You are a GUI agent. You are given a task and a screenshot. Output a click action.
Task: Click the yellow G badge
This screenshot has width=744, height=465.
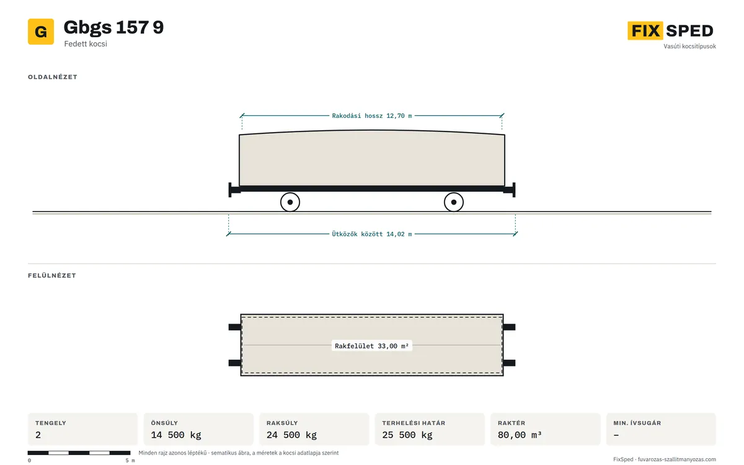[x=41, y=32]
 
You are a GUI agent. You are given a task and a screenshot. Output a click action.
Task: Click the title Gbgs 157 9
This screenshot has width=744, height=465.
[x=113, y=27]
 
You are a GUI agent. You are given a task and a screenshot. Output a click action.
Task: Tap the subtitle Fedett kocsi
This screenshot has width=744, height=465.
[x=86, y=44]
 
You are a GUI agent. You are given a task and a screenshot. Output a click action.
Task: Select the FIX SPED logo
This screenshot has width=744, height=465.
[x=670, y=30]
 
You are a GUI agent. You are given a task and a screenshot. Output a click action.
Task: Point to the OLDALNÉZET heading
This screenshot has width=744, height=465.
[x=53, y=77]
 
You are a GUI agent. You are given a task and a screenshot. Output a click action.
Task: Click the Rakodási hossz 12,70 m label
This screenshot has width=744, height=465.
[x=372, y=115]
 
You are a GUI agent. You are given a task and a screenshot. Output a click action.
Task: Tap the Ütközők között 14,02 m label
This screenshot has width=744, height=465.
[x=372, y=234]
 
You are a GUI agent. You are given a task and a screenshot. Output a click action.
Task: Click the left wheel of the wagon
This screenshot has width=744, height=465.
[x=290, y=202]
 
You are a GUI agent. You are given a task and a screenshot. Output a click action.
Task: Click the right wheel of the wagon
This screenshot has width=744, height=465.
[x=454, y=202]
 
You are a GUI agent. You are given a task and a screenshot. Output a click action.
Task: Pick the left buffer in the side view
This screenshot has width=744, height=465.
[x=234, y=190]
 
